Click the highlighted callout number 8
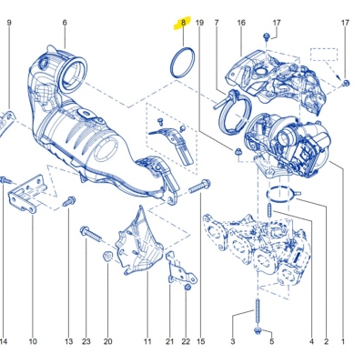(183, 21)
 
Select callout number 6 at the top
(65, 21)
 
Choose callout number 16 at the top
(241, 21)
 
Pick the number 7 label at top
(217, 21)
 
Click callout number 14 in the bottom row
(4, 341)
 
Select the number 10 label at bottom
(32, 341)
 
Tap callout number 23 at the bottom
(86, 341)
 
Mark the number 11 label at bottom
(147, 341)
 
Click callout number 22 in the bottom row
(187, 341)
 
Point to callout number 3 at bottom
(232, 341)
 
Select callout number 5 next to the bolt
(270, 341)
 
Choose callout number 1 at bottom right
(343, 341)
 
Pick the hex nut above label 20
(106, 258)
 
